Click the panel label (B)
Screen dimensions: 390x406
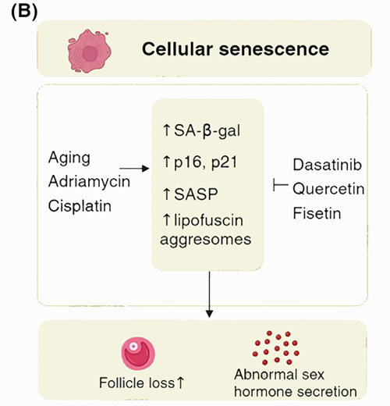[x=24, y=12]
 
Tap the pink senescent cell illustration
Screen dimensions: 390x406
[x=89, y=51]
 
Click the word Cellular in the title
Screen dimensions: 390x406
[x=177, y=49]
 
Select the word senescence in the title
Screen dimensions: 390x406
[x=274, y=49]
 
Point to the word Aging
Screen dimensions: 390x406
[x=69, y=158]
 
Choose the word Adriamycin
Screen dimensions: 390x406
[x=89, y=182]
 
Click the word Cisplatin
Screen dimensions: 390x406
[x=80, y=206]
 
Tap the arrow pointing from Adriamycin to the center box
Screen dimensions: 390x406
[x=134, y=169]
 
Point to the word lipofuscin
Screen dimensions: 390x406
[x=208, y=220]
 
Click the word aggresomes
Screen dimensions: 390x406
[x=206, y=240]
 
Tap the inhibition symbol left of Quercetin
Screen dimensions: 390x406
[x=281, y=185]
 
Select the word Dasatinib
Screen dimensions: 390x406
[x=328, y=165]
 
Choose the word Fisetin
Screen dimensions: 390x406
[x=317, y=213]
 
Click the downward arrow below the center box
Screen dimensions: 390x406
[x=209, y=294]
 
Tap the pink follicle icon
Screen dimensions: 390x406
[x=138, y=354]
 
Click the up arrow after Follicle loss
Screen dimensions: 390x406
[x=180, y=383]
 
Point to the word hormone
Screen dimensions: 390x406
[x=263, y=392]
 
